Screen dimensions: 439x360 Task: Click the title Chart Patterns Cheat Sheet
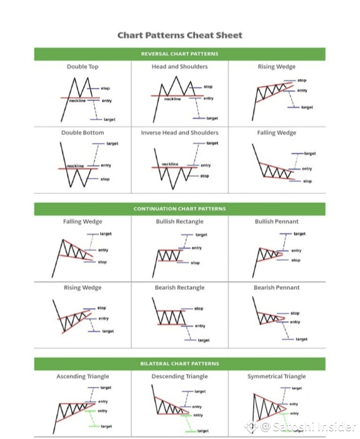point(180,35)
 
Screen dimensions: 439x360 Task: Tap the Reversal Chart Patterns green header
point(180,54)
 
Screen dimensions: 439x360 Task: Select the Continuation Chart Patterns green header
point(180,209)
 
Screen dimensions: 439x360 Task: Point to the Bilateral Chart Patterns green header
point(180,364)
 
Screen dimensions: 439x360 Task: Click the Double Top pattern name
point(83,66)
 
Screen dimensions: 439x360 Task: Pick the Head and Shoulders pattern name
point(180,66)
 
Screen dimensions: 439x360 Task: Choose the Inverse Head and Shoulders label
point(180,132)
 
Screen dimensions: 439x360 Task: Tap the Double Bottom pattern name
point(83,132)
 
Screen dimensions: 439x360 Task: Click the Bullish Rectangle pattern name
point(180,221)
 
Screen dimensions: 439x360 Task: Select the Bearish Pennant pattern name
point(276,287)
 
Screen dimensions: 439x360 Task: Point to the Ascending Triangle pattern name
point(83,376)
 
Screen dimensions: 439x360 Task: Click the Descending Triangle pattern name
point(180,376)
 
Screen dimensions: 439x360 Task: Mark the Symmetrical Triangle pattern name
point(276,376)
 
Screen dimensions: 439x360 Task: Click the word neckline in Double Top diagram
point(77,100)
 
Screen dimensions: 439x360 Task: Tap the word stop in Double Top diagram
point(105,89)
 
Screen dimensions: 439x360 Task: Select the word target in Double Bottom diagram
point(112,144)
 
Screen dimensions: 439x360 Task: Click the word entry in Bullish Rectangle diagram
point(197,248)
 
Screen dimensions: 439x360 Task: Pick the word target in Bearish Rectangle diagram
point(204,340)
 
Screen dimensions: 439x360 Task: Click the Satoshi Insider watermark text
point(315,426)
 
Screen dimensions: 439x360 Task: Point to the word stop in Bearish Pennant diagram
point(295,313)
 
